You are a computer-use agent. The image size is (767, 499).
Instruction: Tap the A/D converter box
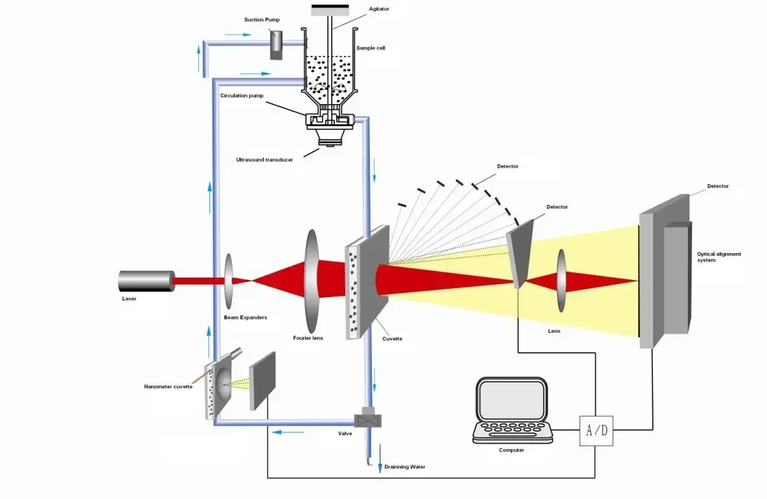tap(596, 430)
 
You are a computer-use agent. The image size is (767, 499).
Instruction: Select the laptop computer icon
tap(512, 410)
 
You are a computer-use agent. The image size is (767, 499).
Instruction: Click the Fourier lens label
tap(308, 338)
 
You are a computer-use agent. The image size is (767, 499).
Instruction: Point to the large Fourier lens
tap(312, 281)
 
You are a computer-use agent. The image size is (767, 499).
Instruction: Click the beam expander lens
tap(229, 281)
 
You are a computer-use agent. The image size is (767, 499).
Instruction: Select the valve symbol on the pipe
tap(369, 421)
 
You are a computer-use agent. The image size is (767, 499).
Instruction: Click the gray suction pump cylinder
tap(277, 45)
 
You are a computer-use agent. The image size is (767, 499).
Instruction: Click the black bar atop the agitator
tap(330, 10)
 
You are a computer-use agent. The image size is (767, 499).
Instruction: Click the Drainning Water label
tap(405, 466)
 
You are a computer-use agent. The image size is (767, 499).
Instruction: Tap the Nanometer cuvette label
tap(168, 386)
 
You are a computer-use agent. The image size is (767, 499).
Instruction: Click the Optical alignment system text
tap(718, 257)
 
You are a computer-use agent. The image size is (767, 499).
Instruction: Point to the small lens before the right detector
tap(560, 281)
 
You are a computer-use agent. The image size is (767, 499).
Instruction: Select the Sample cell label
tap(371, 48)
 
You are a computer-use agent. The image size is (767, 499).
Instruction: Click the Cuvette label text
tap(393, 338)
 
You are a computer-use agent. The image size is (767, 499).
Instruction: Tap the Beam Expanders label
tap(246, 317)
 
